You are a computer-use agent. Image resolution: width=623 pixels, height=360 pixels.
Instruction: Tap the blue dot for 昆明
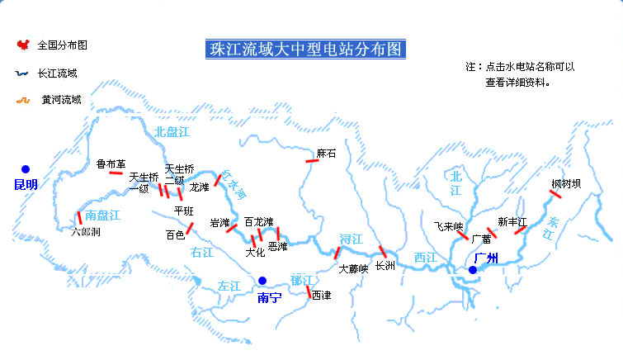[x=26, y=169]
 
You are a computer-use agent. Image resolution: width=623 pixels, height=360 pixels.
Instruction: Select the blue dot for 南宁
[x=262, y=281]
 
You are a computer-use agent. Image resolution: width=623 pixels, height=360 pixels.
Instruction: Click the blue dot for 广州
[x=473, y=269]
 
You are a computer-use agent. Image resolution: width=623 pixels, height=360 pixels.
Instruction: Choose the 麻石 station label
[x=326, y=154]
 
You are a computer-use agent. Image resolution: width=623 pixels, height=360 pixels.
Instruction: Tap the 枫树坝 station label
[x=566, y=183]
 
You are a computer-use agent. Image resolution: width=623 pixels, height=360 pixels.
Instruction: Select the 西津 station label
[x=321, y=296]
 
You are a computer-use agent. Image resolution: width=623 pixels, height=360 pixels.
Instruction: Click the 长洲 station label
[x=385, y=266]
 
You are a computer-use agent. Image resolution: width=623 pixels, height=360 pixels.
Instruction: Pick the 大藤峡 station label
[x=353, y=268]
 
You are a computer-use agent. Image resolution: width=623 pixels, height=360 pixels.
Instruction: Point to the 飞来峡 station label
[x=449, y=225]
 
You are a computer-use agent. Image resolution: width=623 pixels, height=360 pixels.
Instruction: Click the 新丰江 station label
[x=513, y=221]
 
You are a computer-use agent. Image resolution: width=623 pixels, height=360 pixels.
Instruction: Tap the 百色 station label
[x=175, y=234]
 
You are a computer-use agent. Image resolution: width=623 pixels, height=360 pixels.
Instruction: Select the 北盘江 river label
[x=172, y=131]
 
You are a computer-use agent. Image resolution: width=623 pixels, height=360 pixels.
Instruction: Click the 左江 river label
[x=229, y=286]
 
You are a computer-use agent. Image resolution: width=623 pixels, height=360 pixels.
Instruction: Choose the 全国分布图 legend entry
[x=63, y=45]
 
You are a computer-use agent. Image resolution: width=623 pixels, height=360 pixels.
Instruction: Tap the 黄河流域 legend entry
[x=61, y=100]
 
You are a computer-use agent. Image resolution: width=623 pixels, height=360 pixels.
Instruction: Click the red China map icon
[x=22, y=45]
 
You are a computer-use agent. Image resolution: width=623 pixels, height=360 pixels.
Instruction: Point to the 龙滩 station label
[x=200, y=187]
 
